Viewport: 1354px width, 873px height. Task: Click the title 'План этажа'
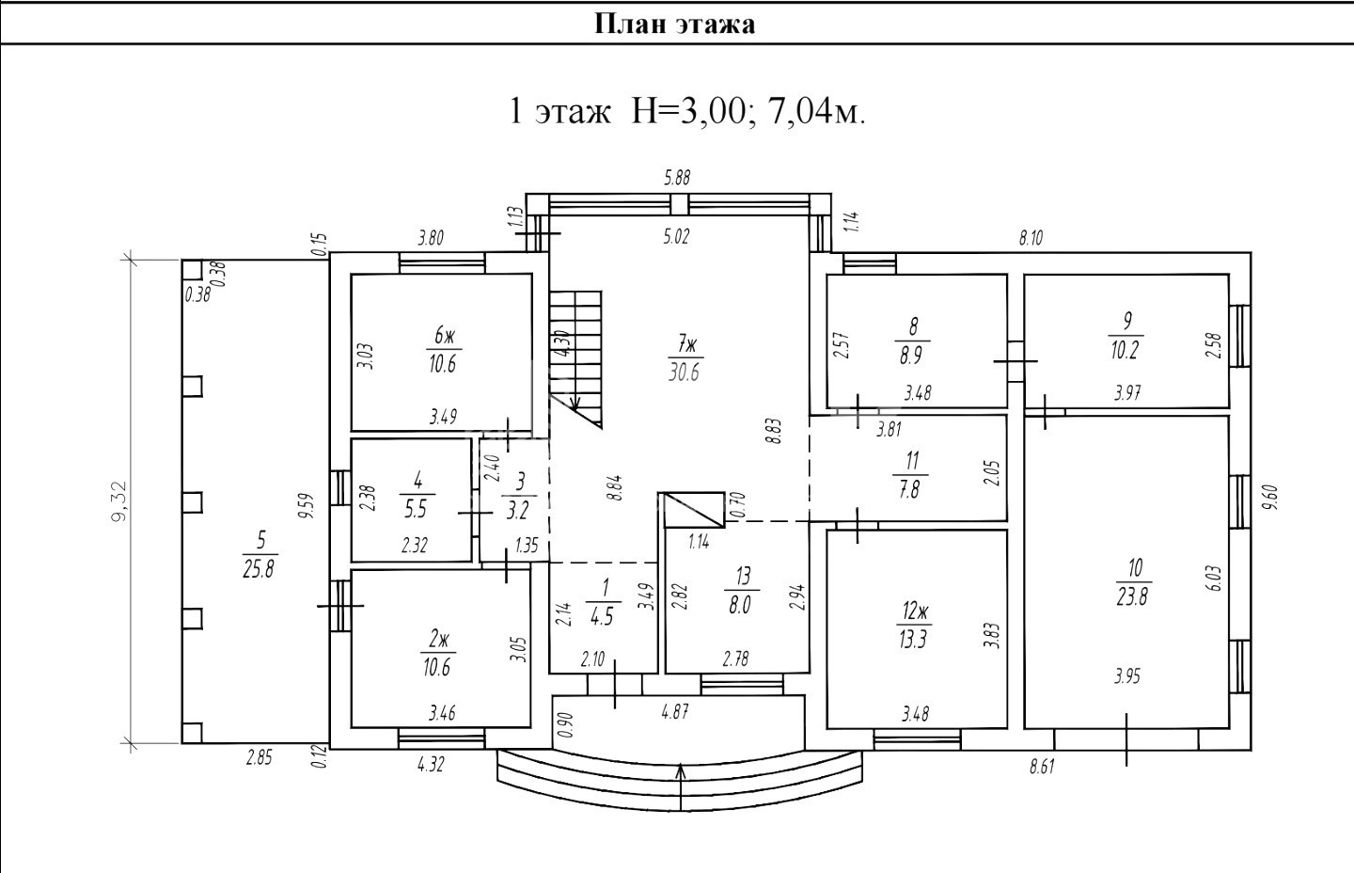click(675, 24)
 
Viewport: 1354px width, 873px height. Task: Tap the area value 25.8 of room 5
click(259, 569)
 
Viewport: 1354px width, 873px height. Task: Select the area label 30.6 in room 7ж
click(684, 372)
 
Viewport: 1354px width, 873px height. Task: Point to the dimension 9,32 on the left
click(119, 501)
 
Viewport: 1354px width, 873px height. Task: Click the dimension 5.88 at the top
click(677, 178)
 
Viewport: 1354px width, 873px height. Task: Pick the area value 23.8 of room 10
click(1133, 596)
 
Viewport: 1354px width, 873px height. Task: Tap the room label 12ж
click(914, 612)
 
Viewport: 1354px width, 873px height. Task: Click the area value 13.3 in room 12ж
click(913, 640)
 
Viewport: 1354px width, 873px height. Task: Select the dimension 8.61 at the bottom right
click(1042, 768)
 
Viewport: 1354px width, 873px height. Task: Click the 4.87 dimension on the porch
click(675, 712)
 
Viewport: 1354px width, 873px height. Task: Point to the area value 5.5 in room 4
click(416, 509)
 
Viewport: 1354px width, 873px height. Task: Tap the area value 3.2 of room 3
click(518, 511)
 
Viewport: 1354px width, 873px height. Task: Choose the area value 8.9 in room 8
click(910, 356)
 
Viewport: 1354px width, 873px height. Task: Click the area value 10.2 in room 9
click(1125, 350)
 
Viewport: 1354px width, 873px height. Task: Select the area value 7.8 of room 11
click(909, 490)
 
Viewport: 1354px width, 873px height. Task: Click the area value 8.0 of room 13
click(739, 605)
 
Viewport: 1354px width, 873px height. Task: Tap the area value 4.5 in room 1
click(603, 617)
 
